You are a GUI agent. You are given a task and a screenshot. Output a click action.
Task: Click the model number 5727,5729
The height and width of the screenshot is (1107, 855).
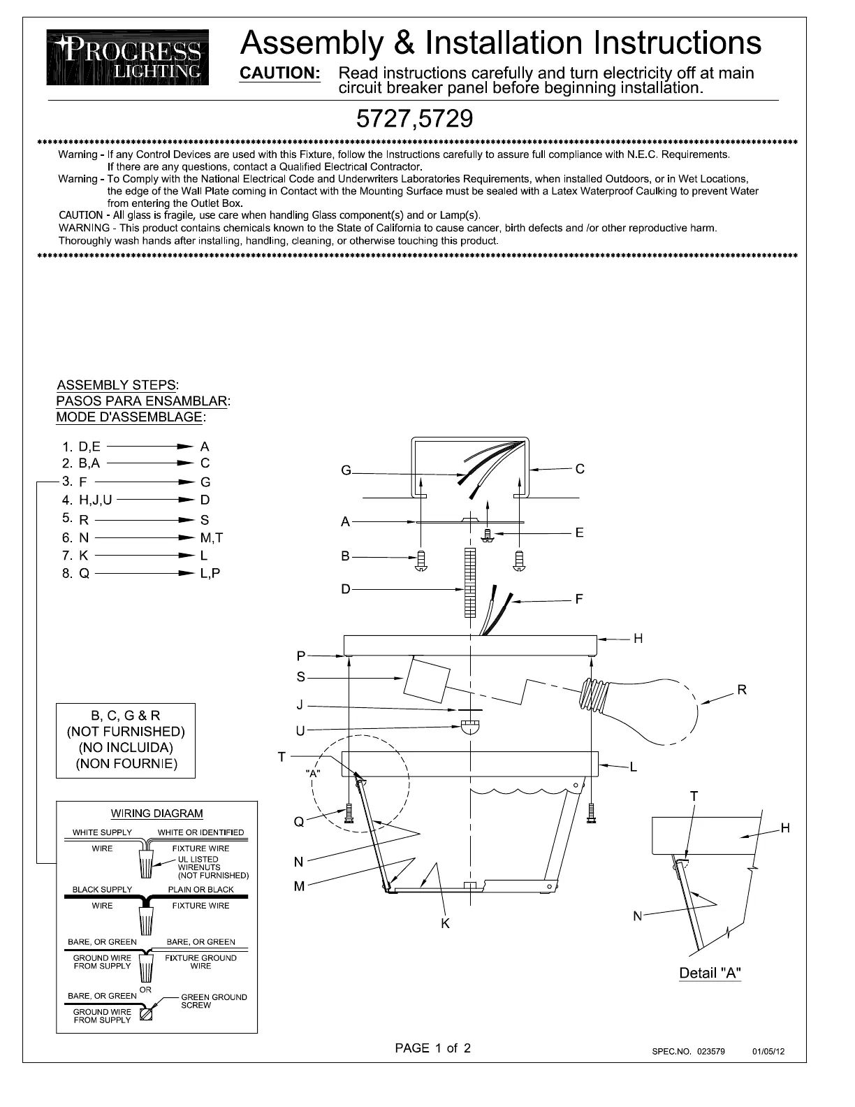tap(414, 120)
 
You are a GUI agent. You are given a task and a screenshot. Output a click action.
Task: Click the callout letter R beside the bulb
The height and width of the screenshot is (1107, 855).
tap(742, 690)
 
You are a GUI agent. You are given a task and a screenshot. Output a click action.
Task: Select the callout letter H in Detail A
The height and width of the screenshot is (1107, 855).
tap(785, 828)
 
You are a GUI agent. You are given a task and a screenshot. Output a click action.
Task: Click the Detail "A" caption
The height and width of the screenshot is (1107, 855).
tap(710, 973)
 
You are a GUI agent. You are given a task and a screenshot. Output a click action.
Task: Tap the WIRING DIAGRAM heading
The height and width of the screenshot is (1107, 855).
tap(157, 813)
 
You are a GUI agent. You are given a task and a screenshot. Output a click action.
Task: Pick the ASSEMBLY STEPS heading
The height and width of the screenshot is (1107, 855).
tap(117, 385)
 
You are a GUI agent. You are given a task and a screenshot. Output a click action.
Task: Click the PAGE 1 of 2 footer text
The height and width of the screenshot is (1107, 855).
tap(433, 1048)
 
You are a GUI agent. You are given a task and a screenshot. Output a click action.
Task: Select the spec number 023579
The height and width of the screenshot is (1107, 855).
tap(710, 1051)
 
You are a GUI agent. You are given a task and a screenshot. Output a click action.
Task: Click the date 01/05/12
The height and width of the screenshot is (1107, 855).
tap(768, 1051)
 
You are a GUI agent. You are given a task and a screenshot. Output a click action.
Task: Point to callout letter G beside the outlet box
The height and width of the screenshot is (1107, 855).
tap(346, 471)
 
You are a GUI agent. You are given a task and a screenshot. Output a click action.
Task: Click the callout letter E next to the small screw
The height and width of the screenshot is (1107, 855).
tap(579, 533)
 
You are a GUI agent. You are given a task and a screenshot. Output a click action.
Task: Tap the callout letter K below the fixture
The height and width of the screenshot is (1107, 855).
tap(445, 923)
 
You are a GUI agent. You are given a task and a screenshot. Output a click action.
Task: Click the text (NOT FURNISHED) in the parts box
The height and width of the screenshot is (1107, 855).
tap(126, 732)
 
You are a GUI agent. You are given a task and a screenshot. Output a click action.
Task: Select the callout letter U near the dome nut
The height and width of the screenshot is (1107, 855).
tap(300, 731)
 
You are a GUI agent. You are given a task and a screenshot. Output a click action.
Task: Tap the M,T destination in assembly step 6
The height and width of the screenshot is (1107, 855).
tap(211, 537)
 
